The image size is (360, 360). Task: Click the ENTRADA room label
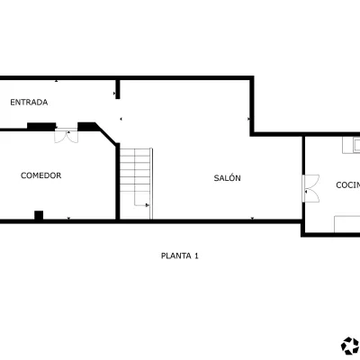(29, 103)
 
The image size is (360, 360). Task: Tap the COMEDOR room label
(41, 175)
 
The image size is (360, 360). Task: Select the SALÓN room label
(227, 178)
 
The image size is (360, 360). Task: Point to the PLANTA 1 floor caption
(180, 256)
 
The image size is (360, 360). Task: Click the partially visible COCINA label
(348, 185)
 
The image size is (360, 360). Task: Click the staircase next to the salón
(137, 184)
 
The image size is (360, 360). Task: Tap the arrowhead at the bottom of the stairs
(148, 205)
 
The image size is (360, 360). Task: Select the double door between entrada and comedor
(67, 135)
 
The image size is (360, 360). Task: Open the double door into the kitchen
(310, 188)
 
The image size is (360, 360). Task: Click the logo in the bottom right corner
(350, 346)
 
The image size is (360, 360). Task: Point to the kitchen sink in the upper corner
(352, 146)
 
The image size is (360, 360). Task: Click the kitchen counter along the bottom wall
(347, 224)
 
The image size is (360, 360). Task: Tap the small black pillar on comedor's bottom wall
(39, 215)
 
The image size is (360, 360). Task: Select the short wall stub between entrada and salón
(118, 89)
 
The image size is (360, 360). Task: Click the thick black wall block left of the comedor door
(41, 126)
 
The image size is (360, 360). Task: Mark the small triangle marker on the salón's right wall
(248, 119)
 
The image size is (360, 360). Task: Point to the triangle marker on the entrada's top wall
(56, 81)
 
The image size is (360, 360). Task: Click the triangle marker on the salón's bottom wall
(252, 218)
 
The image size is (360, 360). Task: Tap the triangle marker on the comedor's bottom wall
(68, 218)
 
